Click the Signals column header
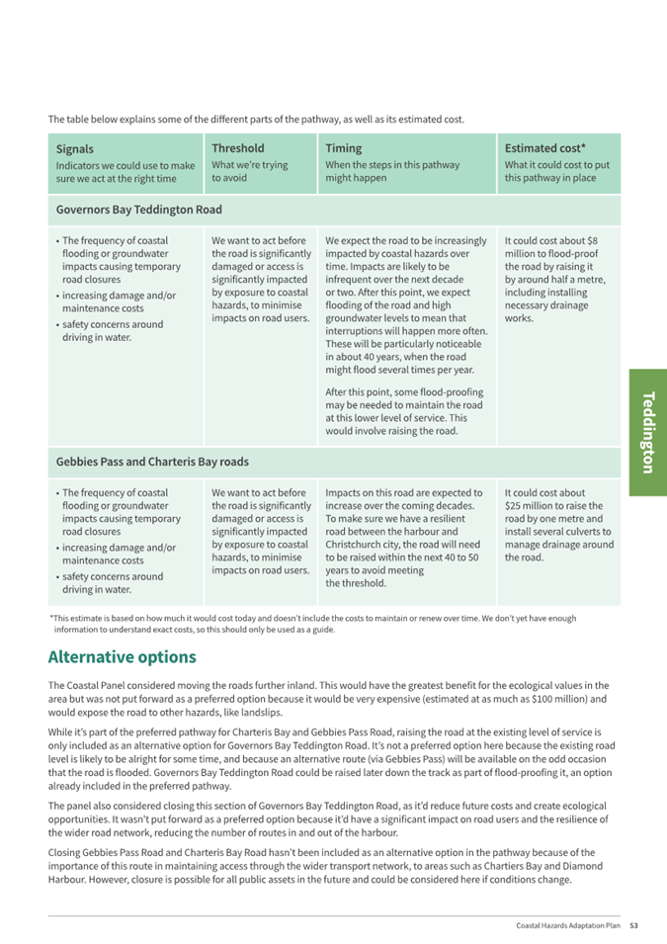point(75,149)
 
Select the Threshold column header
point(238,148)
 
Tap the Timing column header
point(343,148)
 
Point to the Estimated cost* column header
point(545,148)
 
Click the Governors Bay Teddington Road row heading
point(139,210)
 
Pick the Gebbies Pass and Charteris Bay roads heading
point(152,462)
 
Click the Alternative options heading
point(123,657)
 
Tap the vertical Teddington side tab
point(647,432)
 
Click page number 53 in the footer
point(634,925)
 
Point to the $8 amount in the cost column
point(591,240)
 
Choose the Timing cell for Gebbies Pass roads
point(405,537)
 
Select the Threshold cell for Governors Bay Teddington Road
point(261,279)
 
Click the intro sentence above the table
point(256,120)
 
